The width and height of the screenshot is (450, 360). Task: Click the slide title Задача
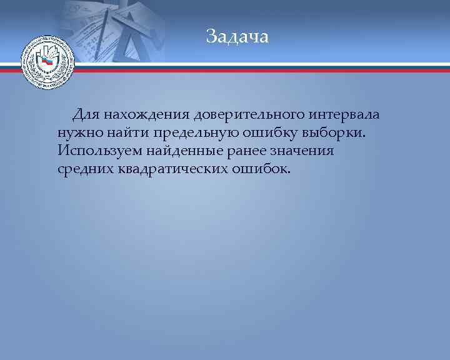pos(237,37)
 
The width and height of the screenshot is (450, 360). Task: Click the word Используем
pos(99,151)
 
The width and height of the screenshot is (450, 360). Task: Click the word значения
pos(307,151)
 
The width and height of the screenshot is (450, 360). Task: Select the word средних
pos(84,169)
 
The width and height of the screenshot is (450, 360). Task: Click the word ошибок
pos(262,169)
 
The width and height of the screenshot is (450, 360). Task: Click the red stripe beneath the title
pos(250,71)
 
